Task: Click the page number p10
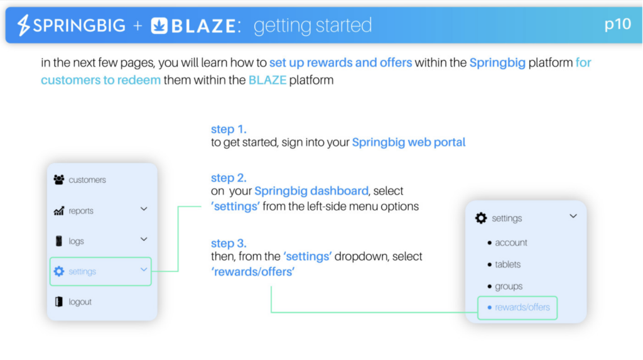pyautogui.click(x=618, y=25)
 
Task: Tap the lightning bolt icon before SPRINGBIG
pyautogui.click(x=23, y=25)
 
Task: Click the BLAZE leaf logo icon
pyautogui.click(x=159, y=26)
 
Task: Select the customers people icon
pyautogui.click(x=59, y=180)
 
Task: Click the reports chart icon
pyautogui.click(x=59, y=210)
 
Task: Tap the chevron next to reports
pyautogui.click(x=144, y=209)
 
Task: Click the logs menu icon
pyautogui.click(x=59, y=241)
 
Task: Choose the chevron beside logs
pyautogui.click(x=144, y=239)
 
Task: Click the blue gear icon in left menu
pyautogui.click(x=59, y=271)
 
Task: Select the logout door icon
pyautogui.click(x=59, y=302)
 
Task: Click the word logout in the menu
pyautogui.click(x=80, y=302)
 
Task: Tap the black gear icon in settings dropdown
pyautogui.click(x=481, y=218)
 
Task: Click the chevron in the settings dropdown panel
pyautogui.click(x=573, y=216)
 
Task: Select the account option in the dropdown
pyautogui.click(x=511, y=243)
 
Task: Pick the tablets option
pyautogui.click(x=507, y=265)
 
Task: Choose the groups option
pyautogui.click(x=509, y=286)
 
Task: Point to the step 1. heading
pyautogui.click(x=229, y=129)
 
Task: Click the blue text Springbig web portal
pyautogui.click(x=408, y=143)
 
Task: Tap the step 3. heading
pyautogui.click(x=229, y=243)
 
